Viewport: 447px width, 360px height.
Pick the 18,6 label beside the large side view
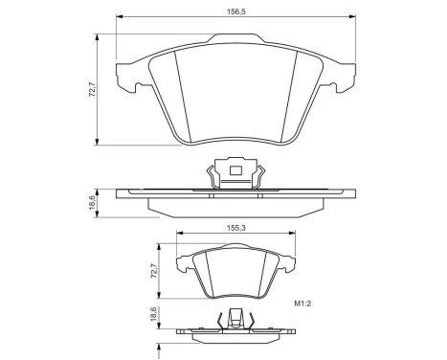click(x=92, y=203)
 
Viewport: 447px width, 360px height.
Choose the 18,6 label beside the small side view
click(x=152, y=317)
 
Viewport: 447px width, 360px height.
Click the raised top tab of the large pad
click(x=235, y=39)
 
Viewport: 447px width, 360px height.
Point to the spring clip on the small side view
click(x=233, y=321)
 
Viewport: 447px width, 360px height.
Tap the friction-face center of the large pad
click(x=235, y=96)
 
